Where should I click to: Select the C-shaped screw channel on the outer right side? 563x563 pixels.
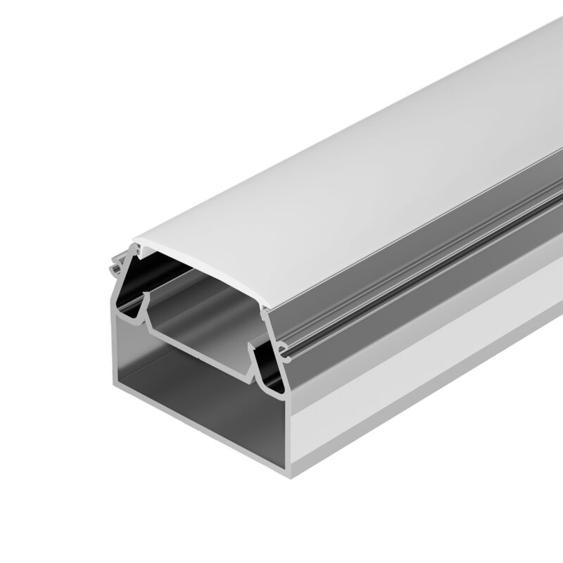click(x=281, y=348)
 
